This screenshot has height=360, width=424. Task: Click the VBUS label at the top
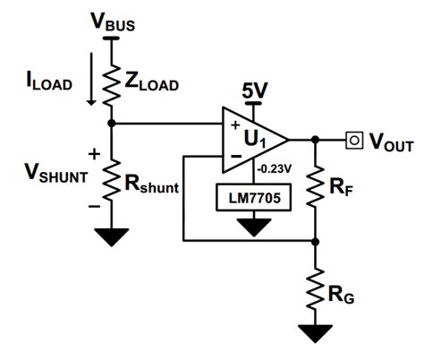(112, 22)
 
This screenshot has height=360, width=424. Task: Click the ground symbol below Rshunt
(110, 238)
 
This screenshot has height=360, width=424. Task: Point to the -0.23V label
(276, 167)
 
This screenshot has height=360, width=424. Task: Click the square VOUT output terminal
(356, 140)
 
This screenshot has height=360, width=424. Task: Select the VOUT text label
(390, 141)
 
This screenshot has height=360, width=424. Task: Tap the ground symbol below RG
(315, 333)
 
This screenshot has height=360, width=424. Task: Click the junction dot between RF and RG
(315, 241)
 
